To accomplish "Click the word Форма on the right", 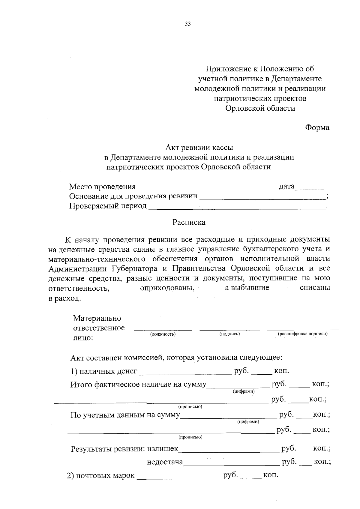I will [x=317, y=128].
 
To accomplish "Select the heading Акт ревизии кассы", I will [x=199, y=147].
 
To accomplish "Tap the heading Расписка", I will [x=189, y=222].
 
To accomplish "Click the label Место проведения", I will [x=102, y=187].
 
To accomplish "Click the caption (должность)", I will [x=163, y=334].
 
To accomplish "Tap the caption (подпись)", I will [x=230, y=334].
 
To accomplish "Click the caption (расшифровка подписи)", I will [x=302, y=334].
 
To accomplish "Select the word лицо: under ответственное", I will [x=83, y=338].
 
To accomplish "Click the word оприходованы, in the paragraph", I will [x=167, y=288].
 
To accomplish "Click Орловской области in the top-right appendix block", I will [x=260, y=108].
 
